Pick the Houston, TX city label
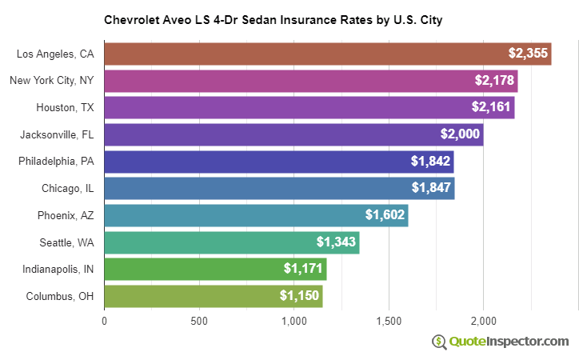65,107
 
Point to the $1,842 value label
431,162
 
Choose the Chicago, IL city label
68,189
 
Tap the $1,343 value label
336,242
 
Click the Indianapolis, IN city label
58,270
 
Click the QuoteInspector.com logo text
509,342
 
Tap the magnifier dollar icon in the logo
439,342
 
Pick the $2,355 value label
528,54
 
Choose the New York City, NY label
52,81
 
